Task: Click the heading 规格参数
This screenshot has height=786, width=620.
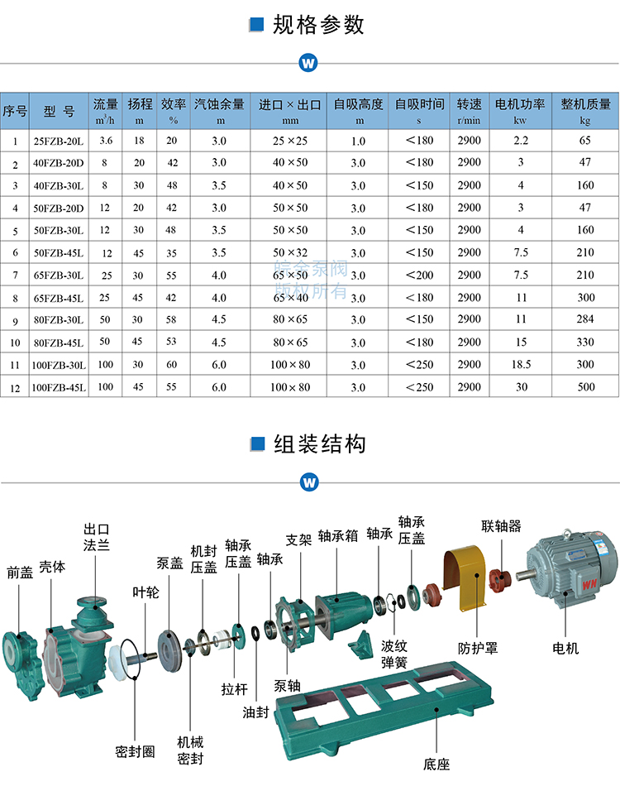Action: click(317, 25)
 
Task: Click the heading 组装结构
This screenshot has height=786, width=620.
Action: click(319, 444)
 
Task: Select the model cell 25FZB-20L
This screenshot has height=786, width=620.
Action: click(58, 141)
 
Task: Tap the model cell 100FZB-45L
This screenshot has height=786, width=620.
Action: click(58, 387)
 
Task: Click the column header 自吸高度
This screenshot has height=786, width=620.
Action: click(358, 104)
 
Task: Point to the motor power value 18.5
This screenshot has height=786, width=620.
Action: click(520, 364)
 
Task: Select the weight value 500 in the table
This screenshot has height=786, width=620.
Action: click(585, 387)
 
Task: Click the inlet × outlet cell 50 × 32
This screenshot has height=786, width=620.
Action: click(290, 252)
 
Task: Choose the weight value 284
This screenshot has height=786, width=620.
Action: click(585, 319)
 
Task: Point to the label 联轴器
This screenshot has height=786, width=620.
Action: click(502, 526)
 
